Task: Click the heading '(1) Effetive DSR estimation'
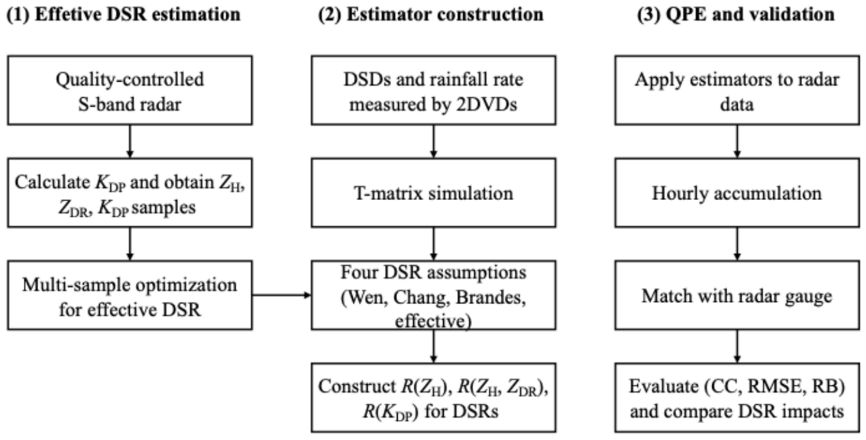pyautogui.click(x=123, y=15)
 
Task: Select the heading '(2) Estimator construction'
pyautogui.click(x=431, y=15)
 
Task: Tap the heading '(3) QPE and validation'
pyautogui.click(x=736, y=15)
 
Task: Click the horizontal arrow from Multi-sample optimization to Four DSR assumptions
pyautogui.click(x=282, y=295)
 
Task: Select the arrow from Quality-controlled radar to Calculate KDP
pyautogui.click(x=130, y=141)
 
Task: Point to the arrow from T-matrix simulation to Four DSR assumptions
pyautogui.click(x=434, y=244)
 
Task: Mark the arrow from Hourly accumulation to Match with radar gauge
pyautogui.click(x=737, y=244)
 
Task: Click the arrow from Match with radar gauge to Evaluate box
pyautogui.click(x=737, y=347)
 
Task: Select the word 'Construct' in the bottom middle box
pyautogui.click(x=358, y=386)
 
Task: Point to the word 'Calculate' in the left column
pyautogui.click(x=52, y=182)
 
